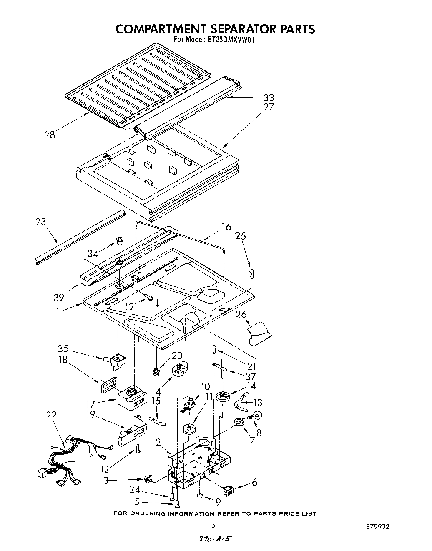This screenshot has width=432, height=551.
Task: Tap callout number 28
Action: pos(50,135)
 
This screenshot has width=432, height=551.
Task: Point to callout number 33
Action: pos(269,98)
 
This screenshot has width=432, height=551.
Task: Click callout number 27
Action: pos(269,108)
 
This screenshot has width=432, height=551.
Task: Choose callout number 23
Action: pos(41,222)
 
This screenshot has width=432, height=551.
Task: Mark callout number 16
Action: pos(226,227)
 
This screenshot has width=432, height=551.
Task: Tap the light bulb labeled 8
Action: pos(258,415)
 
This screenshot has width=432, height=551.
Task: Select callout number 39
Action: pos(59,297)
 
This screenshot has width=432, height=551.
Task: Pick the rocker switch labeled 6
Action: pos(230,491)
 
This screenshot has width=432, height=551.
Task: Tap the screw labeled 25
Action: pos(251,273)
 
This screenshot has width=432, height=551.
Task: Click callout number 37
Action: pos(251,376)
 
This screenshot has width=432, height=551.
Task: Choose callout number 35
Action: pos(63,348)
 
